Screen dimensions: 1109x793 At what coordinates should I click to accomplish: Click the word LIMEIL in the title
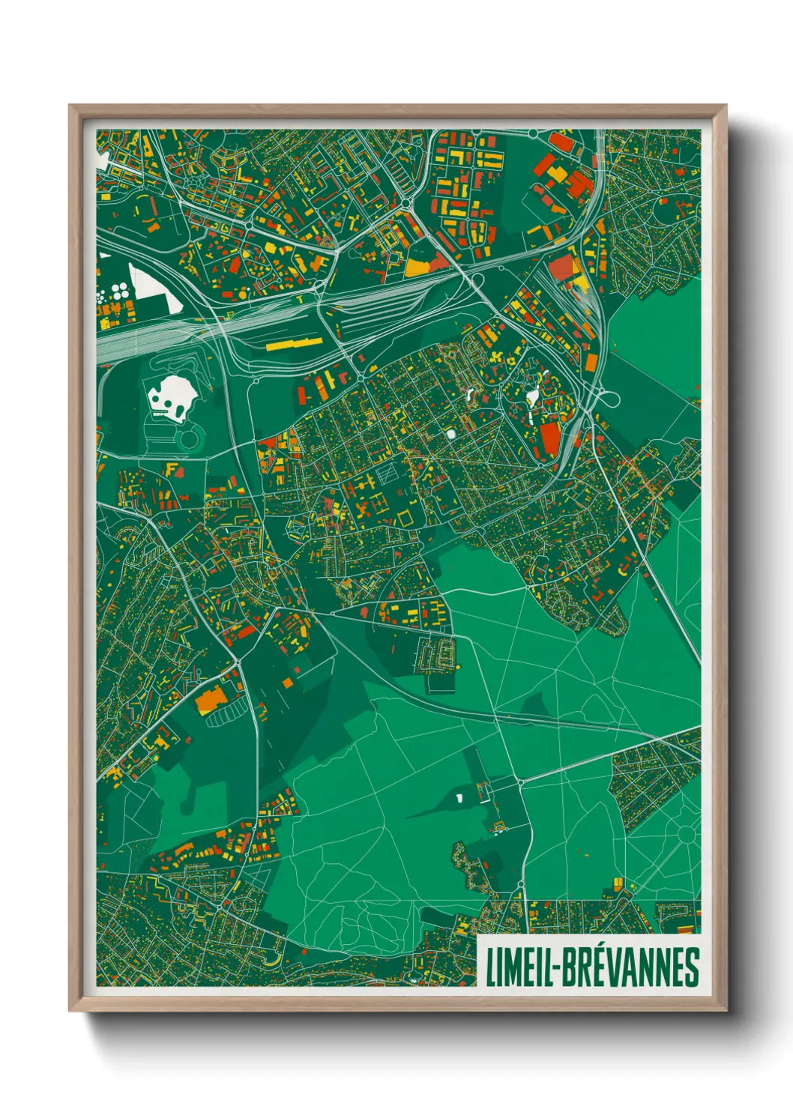[519, 967]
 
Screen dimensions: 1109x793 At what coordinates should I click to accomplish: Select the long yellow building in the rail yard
[294, 344]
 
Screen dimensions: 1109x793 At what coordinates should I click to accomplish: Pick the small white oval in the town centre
[451, 433]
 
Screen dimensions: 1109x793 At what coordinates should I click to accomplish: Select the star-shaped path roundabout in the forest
[686, 833]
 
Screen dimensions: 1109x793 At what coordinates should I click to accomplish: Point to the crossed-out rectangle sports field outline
[387, 473]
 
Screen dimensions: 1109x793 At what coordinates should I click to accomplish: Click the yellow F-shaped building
[172, 470]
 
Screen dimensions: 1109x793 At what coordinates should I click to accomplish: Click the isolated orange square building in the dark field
[288, 683]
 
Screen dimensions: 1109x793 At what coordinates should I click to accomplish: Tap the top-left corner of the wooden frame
[72, 108]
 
